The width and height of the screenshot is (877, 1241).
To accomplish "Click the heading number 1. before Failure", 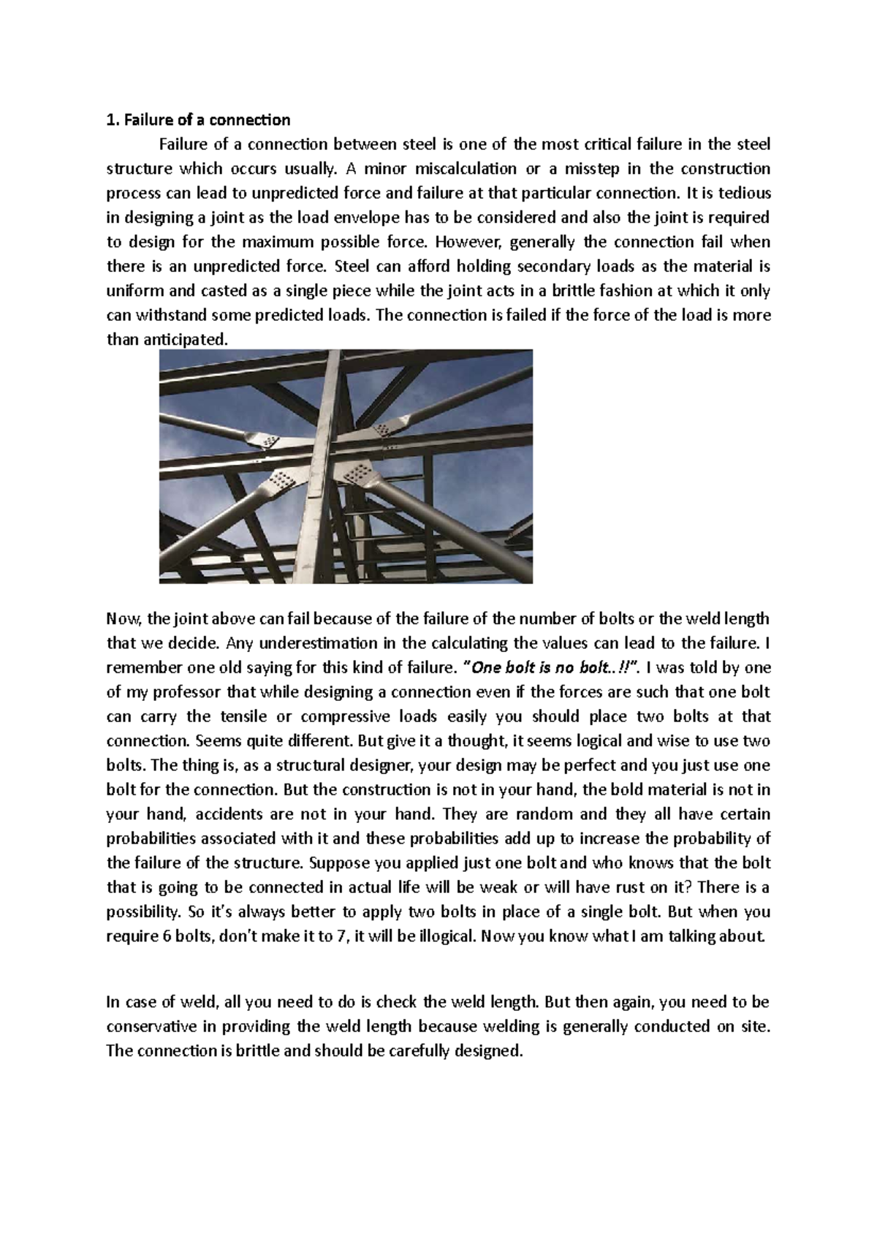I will [x=111, y=120].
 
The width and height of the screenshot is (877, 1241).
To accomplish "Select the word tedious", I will [x=745, y=194].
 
